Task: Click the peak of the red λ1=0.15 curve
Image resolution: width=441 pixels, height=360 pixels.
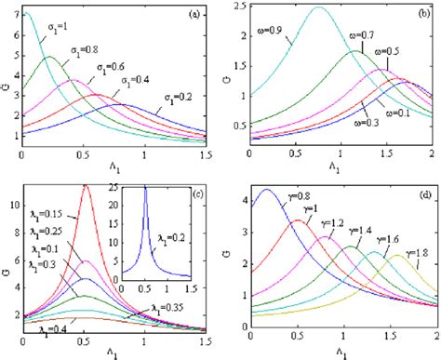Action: (x=87, y=185)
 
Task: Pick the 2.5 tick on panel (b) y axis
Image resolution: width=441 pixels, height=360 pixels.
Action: (x=239, y=7)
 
